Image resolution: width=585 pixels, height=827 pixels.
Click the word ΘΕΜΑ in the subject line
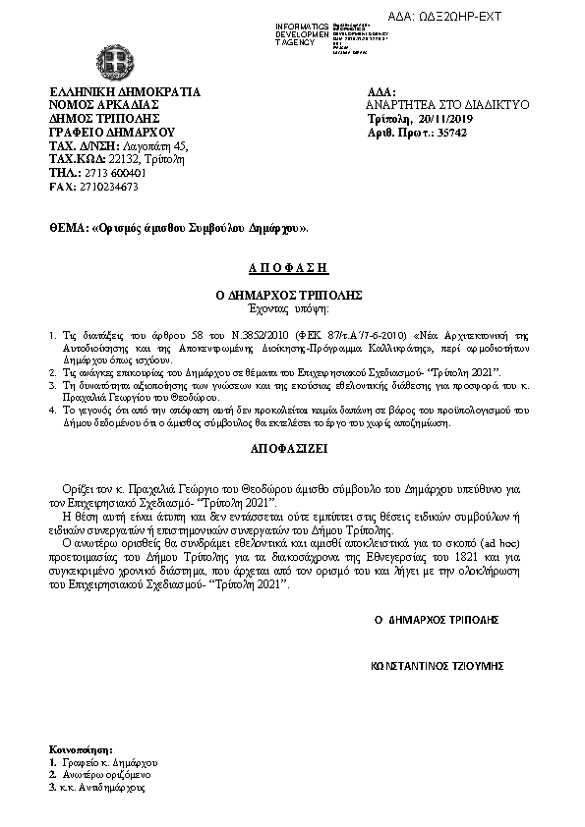(x=67, y=228)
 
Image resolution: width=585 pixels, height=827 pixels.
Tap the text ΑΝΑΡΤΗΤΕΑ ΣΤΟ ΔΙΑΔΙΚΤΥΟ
(x=447, y=104)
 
